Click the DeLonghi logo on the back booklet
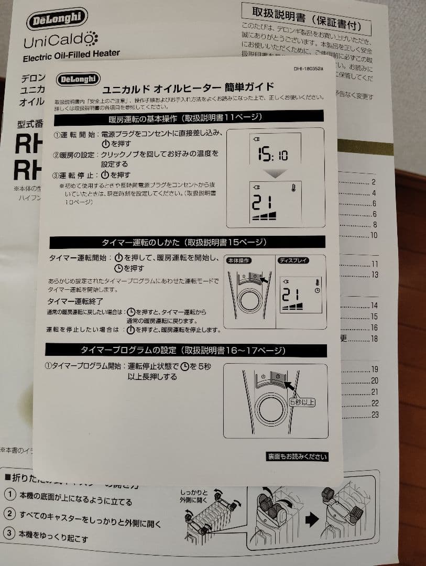58,19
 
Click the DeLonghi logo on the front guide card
77,79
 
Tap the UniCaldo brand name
60,39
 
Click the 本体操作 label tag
238,260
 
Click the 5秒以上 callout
302,402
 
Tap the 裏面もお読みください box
297,456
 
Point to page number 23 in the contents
375,415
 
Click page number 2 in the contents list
374,182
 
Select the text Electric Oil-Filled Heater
71,53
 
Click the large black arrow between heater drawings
312,520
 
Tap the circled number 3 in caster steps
9,534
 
